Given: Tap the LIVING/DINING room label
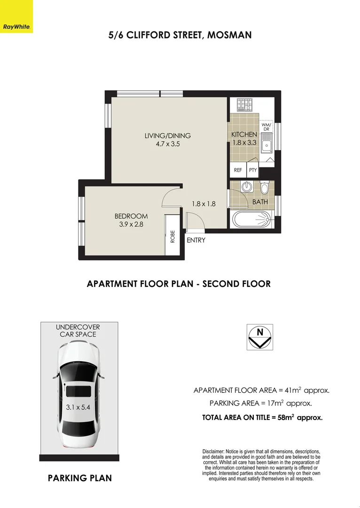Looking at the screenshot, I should click(167, 136).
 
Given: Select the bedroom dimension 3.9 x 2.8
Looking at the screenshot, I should click(131, 224).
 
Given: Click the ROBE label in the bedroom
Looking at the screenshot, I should click(172, 236).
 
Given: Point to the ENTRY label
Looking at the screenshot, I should click(196, 240).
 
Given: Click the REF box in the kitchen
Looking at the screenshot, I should click(238, 170).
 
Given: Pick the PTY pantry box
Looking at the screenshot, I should click(253, 170).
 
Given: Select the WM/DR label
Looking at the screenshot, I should click(266, 127).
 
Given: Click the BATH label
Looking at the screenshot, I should click(260, 202).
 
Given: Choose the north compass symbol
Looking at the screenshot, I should click(259, 336).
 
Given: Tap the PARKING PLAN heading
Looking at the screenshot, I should click(80, 478).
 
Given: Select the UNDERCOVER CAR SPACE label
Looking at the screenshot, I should click(78, 331).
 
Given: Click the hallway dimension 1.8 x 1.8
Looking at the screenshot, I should click(203, 204).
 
